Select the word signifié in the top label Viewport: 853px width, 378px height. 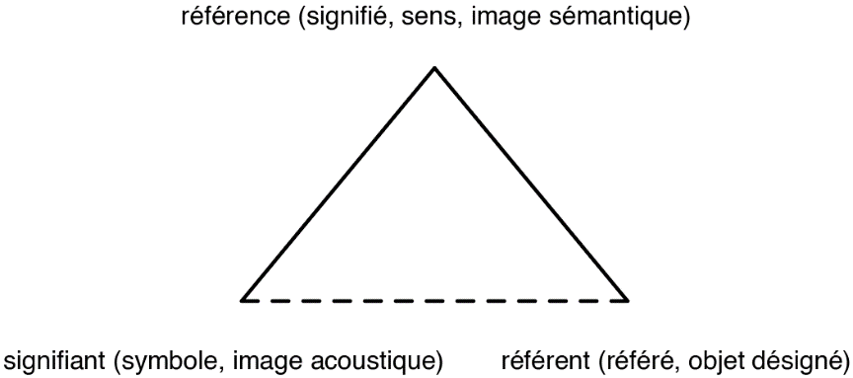(309, 17)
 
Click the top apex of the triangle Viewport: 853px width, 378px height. (433, 67)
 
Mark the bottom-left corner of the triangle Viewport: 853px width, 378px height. (243, 299)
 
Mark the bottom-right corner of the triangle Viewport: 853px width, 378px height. (627, 299)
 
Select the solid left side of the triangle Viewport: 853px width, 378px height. (339, 184)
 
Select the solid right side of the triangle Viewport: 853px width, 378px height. (530, 184)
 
